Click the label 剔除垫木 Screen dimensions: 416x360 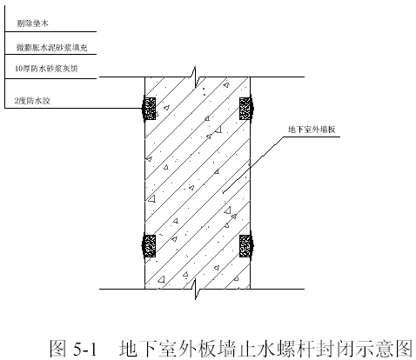click(32, 23)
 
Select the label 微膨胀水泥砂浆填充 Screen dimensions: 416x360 click(52, 47)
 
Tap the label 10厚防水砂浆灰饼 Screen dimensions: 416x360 click(46, 69)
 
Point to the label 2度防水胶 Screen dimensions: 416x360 click(32, 101)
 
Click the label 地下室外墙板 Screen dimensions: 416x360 click(312, 130)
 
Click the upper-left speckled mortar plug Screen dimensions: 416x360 click(150, 109)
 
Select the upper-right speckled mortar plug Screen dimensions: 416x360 click(245, 109)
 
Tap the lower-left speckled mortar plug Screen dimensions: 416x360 click(150, 246)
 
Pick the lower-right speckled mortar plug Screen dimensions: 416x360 click(245, 246)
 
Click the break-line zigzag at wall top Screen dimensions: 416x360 click(195, 77)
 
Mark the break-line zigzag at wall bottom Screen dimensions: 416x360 click(195, 289)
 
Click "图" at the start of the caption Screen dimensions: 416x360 click(58, 348)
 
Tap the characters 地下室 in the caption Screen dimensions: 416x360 click(147, 348)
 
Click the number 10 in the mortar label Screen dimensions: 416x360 click(18, 69)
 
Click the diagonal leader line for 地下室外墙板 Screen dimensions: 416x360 click(252, 164)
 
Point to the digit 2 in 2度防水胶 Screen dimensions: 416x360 click(17, 101)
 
